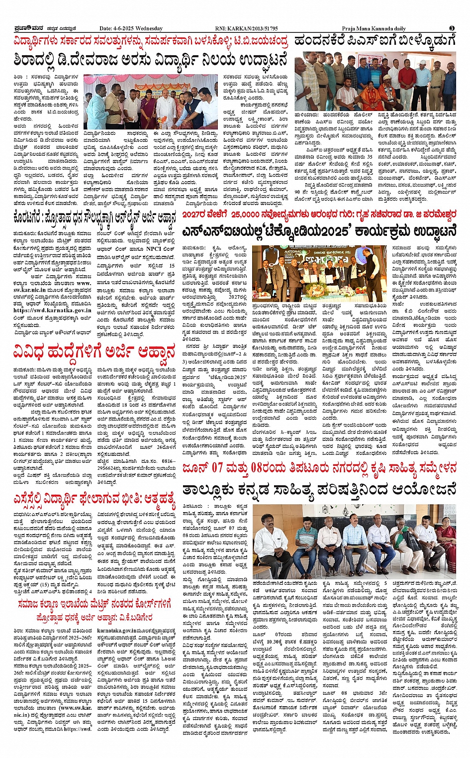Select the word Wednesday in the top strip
[x=149, y=28]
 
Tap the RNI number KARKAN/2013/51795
[x=253, y=28]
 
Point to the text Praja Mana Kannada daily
[x=374, y=28]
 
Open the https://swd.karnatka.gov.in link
[x=40, y=310]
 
